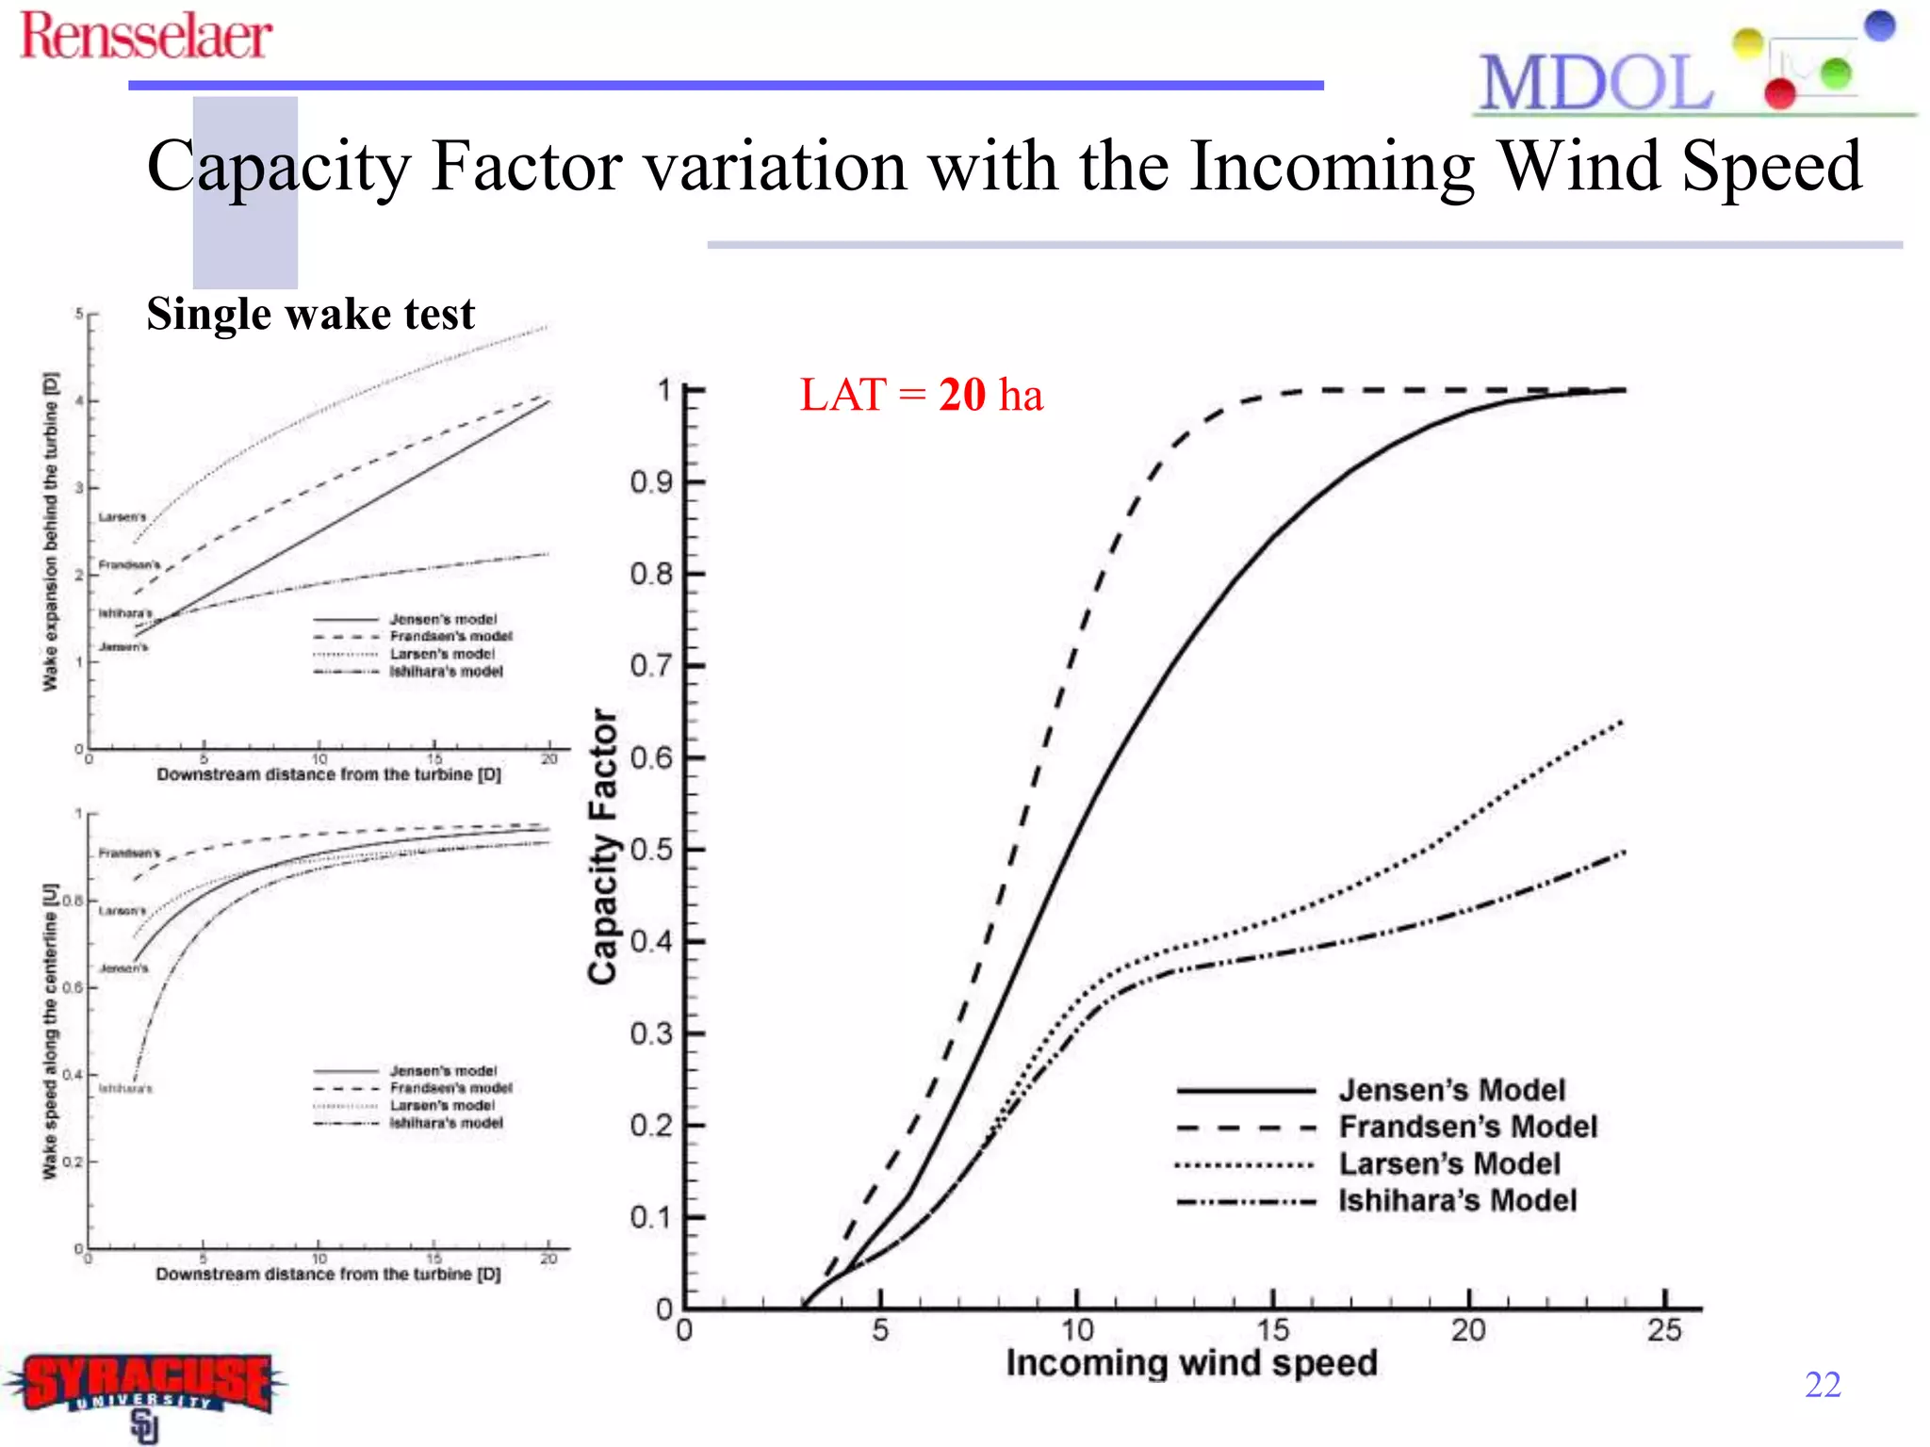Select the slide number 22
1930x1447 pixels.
[1823, 1384]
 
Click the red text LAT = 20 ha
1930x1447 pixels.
[921, 395]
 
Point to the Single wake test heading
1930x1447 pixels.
[310, 315]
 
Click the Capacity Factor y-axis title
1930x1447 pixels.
[603, 847]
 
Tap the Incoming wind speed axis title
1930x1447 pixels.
[1191, 1362]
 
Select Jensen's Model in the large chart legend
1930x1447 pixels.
[1451, 1090]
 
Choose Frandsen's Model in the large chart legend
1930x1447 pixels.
[1467, 1127]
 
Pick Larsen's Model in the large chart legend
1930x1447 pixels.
[1449, 1163]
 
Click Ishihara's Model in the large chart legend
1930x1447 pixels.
[1457, 1200]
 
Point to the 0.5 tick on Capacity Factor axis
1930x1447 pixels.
[652, 850]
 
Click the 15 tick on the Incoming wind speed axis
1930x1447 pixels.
[1272, 1330]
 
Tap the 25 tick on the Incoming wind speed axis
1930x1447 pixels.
[1664, 1330]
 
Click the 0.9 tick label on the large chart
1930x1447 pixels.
[652, 482]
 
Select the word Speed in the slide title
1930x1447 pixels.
[1772, 167]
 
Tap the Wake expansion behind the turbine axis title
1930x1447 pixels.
[50, 531]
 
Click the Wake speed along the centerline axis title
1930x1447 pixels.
[50, 1032]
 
